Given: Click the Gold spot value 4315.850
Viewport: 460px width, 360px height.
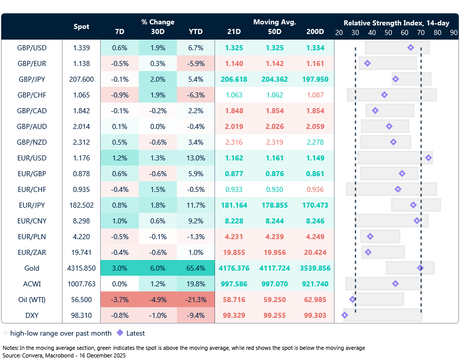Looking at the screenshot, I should tap(81, 268).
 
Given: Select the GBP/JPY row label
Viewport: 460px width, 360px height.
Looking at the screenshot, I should tap(32, 79).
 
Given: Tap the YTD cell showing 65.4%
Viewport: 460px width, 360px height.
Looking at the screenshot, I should tap(195, 268).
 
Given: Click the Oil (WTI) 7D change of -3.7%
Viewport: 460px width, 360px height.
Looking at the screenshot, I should tap(119, 300).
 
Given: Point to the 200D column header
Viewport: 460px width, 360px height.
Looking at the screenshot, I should tap(315, 31).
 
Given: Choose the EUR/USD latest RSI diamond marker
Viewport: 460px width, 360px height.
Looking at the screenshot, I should tap(428, 158).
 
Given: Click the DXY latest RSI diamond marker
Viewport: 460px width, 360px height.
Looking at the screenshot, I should tap(345, 315).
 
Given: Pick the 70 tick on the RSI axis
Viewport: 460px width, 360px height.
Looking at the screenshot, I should tap(421, 32).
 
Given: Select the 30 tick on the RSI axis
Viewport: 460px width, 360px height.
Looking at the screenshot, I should tap(355, 32).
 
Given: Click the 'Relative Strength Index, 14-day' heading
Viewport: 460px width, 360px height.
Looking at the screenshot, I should tap(396, 23).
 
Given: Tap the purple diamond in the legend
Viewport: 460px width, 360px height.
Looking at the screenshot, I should tap(120, 334).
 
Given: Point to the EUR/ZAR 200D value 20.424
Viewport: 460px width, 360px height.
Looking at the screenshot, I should tap(315, 252).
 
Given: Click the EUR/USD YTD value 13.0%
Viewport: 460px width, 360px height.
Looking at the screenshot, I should tap(195, 158).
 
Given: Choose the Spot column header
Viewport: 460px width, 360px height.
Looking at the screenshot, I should tap(81, 26).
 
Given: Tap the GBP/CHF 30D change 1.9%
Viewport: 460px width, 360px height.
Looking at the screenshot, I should tap(158, 95).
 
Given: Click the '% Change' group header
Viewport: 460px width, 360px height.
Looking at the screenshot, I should tap(158, 22).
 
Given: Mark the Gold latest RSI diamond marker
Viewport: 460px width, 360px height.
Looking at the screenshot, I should tap(420, 268).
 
